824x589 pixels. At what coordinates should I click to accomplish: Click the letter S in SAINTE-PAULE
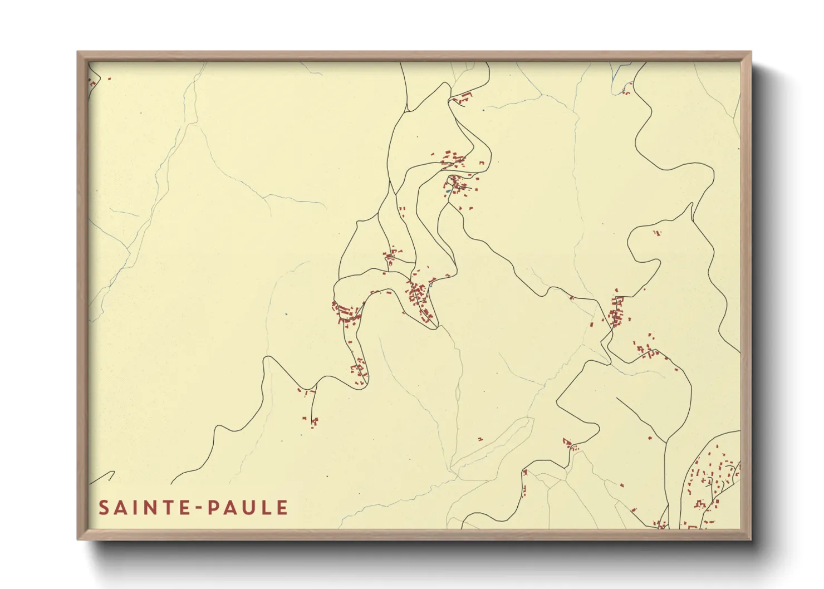point(104,508)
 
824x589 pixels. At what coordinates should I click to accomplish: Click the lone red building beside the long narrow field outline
point(480,439)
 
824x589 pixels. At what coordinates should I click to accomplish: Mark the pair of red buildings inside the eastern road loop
point(656,233)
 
